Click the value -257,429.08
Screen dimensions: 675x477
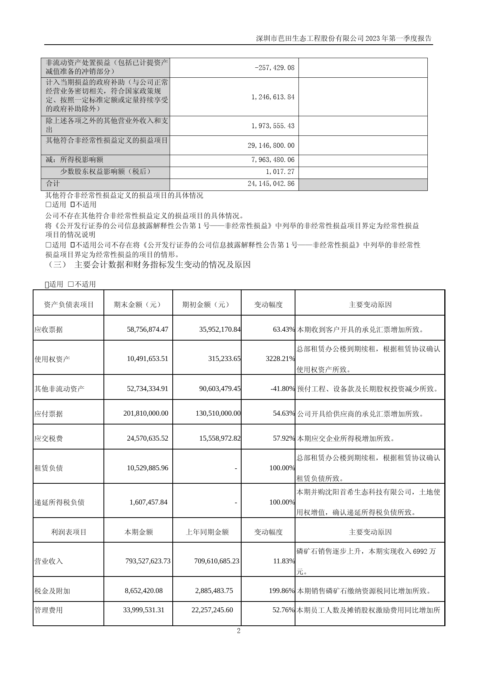(275, 68)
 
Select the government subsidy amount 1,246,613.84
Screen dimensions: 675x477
(273, 97)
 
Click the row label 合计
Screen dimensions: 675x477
(53, 184)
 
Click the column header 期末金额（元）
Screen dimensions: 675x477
(138, 304)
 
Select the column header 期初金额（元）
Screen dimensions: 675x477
(207, 304)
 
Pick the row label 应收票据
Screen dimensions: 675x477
(48, 330)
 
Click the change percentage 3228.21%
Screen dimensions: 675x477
(280, 359)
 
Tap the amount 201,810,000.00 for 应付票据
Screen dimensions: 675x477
(146, 413)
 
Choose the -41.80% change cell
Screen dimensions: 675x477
(283, 389)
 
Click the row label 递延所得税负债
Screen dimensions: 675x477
(59, 502)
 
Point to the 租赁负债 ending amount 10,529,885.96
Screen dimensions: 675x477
(147, 468)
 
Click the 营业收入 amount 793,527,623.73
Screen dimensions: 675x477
(148, 561)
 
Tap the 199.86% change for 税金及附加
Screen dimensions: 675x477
(282, 591)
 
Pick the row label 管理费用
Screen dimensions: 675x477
(48, 610)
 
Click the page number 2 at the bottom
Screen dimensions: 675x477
(239, 630)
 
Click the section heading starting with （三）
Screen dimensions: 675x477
(148, 265)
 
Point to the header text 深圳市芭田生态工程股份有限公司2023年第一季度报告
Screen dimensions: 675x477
(344, 38)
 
